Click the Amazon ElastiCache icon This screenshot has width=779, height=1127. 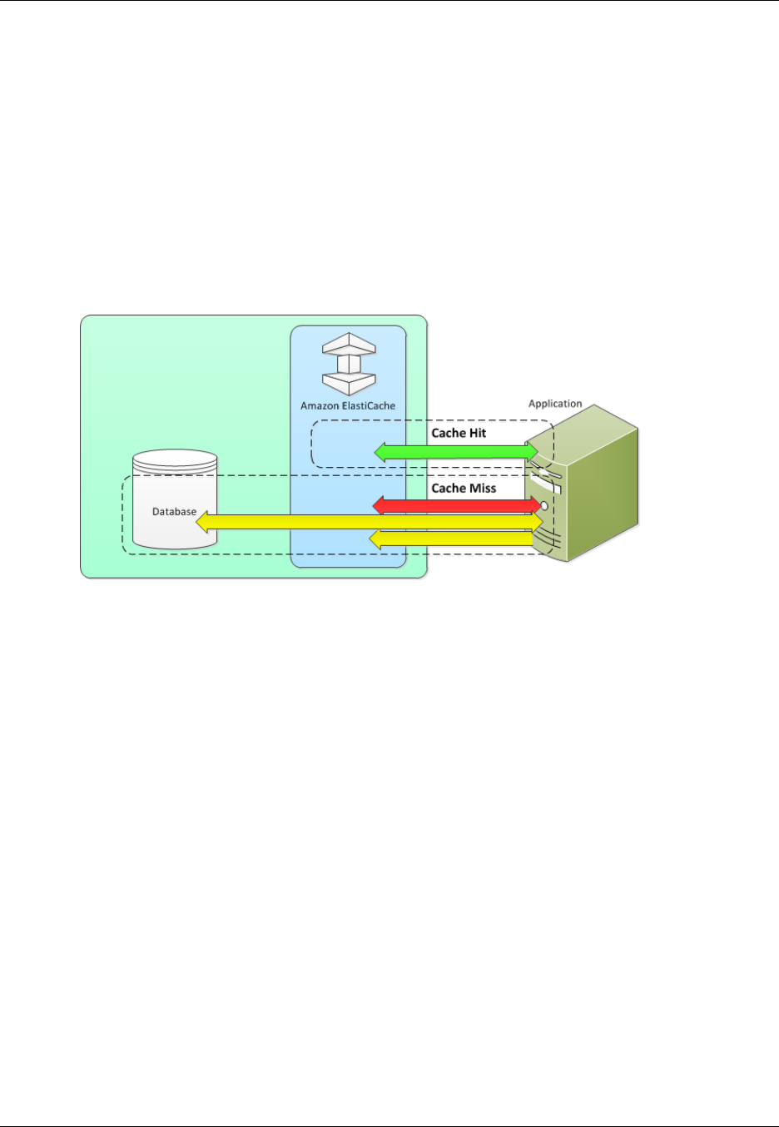[349, 364]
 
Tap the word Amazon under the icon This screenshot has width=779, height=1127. [320, 406]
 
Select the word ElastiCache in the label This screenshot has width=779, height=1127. [368, 406]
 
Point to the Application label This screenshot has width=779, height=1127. [555, 404]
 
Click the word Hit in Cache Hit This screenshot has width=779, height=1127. [478, 434]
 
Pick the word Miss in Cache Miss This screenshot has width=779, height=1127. [482, 489]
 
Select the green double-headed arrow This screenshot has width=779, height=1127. [456, 452]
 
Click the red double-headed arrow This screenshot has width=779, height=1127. [456, 505]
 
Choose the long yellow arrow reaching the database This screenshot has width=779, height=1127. [366, 522]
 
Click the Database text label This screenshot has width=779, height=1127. [174, 512]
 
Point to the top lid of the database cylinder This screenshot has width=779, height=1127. [175, 459]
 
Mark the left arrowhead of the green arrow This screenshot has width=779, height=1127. [380, 452]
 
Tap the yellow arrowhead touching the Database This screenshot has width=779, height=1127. [202, 522]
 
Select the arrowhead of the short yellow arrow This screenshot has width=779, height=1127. [375, 539]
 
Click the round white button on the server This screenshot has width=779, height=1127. [544, 505]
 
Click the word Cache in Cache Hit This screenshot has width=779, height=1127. [448, 434]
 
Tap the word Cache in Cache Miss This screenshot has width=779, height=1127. [448, 489]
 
